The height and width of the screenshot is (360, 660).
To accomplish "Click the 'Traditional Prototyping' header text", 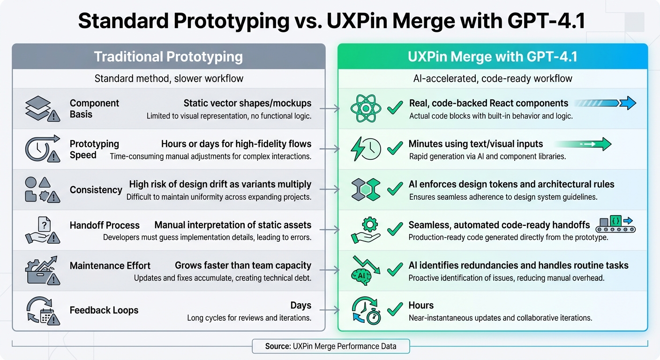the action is click(168, 57).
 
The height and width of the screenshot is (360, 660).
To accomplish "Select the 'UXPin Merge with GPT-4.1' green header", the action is click(493, 57).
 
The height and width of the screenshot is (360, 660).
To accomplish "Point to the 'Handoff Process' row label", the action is click(105, 225).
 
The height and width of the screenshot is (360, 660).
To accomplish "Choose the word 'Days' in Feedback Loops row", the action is click(300, 306).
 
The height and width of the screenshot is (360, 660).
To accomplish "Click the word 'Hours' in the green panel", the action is click(421, 306).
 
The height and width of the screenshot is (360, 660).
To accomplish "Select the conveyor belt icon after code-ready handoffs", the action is click(615, 225).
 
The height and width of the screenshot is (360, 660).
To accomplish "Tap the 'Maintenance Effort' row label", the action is click(110, 266).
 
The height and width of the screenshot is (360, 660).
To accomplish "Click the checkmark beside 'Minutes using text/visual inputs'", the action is click(395, 149).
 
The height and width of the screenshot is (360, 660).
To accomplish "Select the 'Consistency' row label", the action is click(96, 190).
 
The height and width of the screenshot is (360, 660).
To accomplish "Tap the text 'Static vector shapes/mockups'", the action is click(247, 103).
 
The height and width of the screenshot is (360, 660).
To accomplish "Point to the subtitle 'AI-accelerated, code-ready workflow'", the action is click(493, 78).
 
